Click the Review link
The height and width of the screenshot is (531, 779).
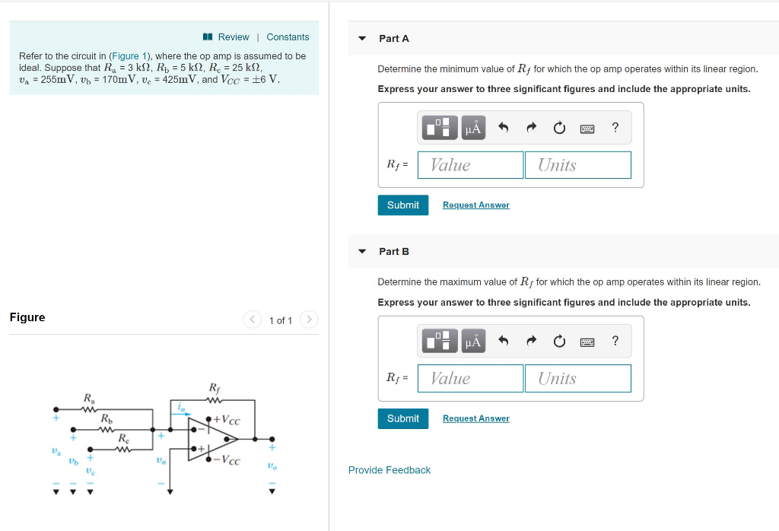233,37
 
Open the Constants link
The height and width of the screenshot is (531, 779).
288,37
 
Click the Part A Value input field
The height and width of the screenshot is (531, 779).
470,165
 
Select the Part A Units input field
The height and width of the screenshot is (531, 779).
577,165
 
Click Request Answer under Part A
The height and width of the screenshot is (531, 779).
475,205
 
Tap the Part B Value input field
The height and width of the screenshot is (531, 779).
470,378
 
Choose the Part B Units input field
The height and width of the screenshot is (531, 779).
577,378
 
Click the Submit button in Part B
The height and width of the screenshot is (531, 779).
402,418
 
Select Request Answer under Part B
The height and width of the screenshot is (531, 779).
475,418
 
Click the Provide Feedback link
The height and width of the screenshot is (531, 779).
389,470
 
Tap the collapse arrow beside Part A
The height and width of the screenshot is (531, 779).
362,39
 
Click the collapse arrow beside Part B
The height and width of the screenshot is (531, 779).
362,252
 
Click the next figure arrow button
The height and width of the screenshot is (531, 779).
309,320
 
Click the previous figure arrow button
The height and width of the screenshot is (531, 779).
252,320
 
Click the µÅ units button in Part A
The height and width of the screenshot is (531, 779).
473,128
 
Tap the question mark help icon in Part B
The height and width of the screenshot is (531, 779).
615,341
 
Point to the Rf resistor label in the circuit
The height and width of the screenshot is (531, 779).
215,388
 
